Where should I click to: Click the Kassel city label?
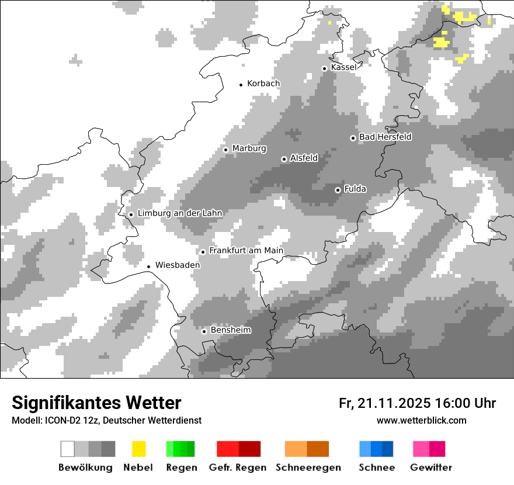pos(343,67)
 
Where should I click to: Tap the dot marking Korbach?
pos(241,85)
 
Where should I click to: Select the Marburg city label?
pos(249,148)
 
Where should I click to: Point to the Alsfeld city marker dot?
pos(284,159)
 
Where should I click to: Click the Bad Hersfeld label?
pos(385,137)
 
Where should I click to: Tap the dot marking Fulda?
pos(338,190)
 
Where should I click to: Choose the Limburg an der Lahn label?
pos(180,213)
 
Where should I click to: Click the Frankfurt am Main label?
pos(246,251)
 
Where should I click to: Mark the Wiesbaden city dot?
pos(149,266)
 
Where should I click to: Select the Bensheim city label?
pos(231,330)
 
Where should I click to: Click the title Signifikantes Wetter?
pos(96,403)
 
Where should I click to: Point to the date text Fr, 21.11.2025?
pos(384,403)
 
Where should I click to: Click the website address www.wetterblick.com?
pos(422,420)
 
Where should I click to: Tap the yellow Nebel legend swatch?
pos(138,449)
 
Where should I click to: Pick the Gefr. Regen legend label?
pos(238,467)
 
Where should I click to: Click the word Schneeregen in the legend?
pos(308,467)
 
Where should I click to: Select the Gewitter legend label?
pos(431,467)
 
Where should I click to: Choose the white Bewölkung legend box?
pos(68,449)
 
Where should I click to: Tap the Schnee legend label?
pos(377,467)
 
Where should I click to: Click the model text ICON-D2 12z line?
pos(106,420)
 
